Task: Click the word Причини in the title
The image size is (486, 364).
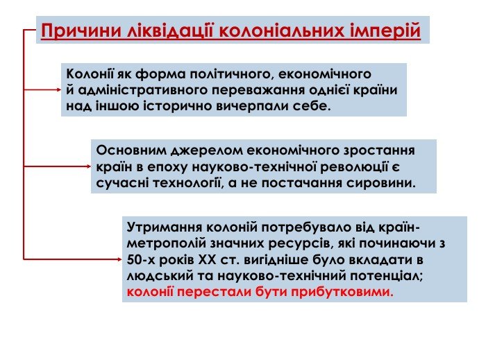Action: pos(81,31)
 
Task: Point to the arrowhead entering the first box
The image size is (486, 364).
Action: pos(59,89)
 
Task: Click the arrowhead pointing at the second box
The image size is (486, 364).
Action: pos(89,166)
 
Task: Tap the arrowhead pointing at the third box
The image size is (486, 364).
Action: pos(119,259)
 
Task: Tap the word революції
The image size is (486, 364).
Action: pos(354,167)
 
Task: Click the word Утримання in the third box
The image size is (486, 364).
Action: pos(165,227)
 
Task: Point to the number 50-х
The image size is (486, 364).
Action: pos(141,259)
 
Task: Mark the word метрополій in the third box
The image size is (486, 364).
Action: pos(167,243)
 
